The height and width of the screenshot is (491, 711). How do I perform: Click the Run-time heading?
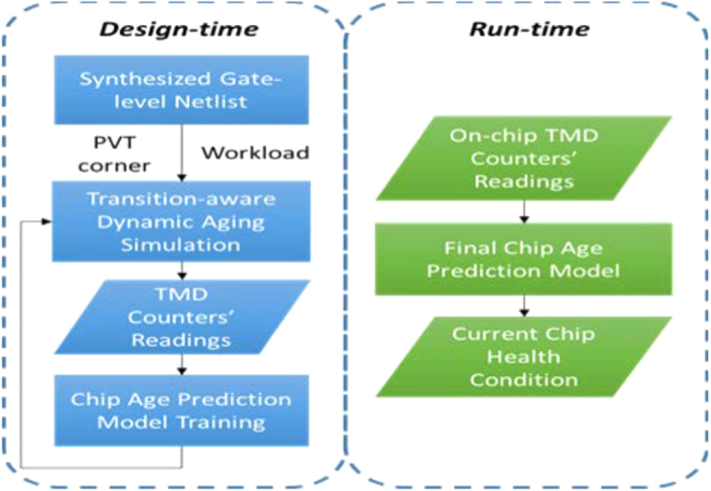(x=530, y=29)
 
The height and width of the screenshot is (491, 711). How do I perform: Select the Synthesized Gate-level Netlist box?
(x=183, y=90)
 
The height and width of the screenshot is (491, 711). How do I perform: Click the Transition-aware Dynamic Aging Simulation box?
(x=183, y=222)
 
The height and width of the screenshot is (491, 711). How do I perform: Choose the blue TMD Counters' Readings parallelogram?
(x=183, y=317)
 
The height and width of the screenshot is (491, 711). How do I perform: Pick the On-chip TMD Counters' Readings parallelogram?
(x=524, y=158)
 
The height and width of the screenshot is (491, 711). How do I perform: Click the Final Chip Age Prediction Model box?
(x=524, y=259)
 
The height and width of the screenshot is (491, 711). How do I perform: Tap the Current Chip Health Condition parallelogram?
(x=524, y=357)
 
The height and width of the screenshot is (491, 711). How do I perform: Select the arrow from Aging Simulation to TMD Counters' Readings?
(x=183, y=271)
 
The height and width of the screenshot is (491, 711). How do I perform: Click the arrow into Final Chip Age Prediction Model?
(x=524, y=211)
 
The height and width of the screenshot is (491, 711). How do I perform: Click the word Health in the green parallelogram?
(x=524, y=357)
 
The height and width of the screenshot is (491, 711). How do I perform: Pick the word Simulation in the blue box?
(x=183, y=245)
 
